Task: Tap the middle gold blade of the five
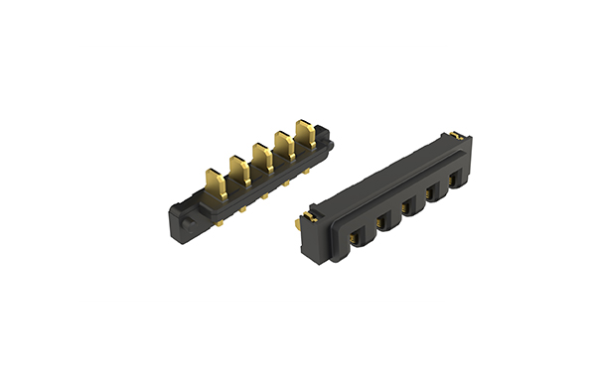(x=261, y=157)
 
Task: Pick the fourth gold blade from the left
(x=283, y=145)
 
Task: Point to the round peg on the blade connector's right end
(x=330, y=146)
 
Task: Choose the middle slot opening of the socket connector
(x=408, y=209)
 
